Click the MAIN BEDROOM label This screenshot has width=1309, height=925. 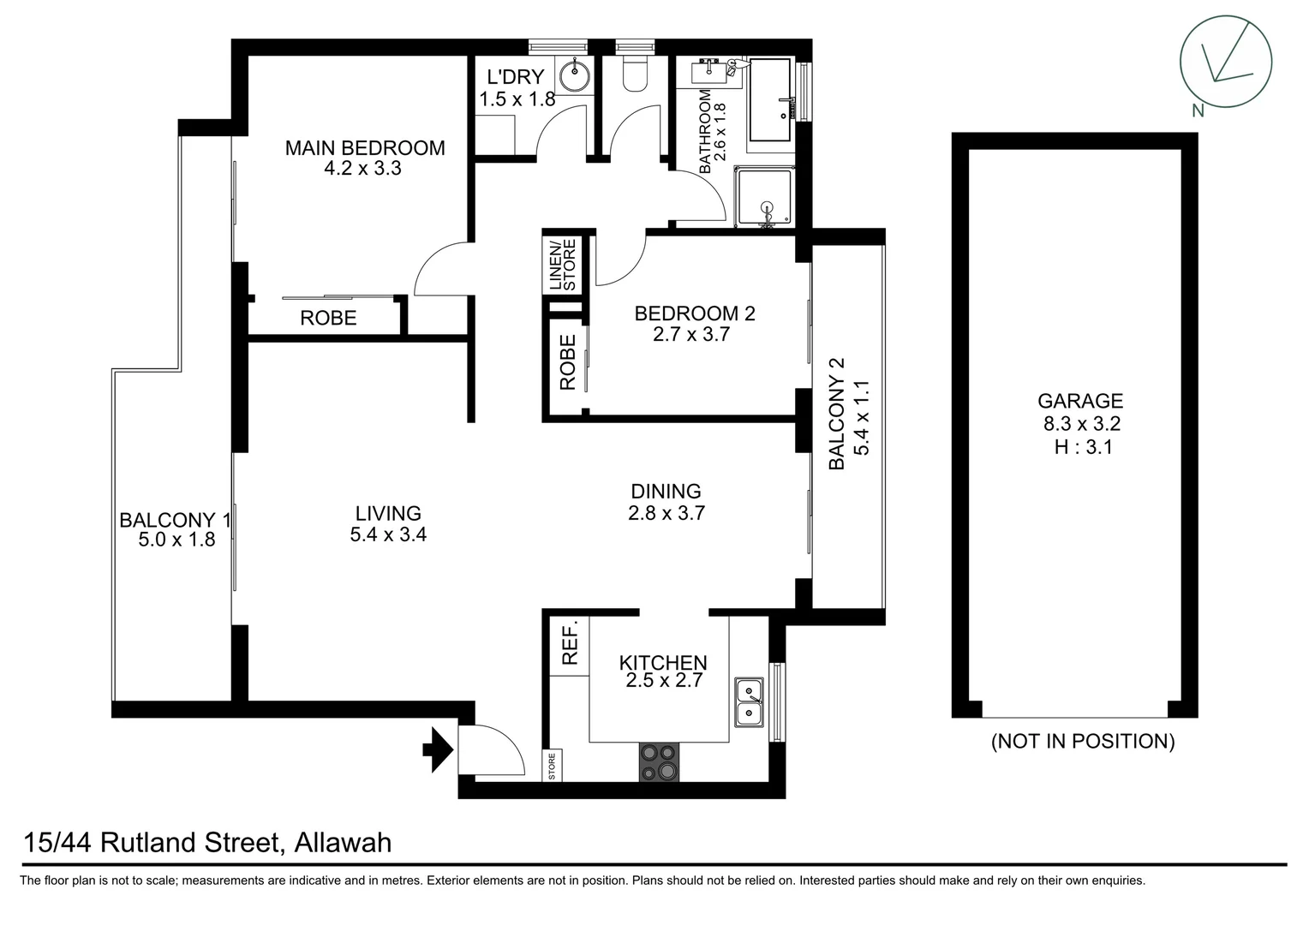[x=365, y=148]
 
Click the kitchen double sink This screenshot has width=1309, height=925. [x=750, y=701]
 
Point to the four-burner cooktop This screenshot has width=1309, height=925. [x=659, y=762]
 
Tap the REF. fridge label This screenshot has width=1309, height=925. [x=570, y=642]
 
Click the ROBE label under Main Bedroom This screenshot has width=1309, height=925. [x=328, y=319]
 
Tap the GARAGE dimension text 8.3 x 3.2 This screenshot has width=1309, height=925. [x=1081, y=423]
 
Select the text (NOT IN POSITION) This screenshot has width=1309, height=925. [x=1083, y=742]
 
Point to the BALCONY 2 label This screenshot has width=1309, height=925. [x=837, y=414]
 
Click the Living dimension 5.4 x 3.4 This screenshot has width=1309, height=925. [x=388, y=534]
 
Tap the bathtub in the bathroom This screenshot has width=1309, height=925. [x=772, y=100]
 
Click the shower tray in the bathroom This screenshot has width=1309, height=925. [x=766, y=198]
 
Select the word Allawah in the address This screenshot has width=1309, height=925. [x=343, y=843]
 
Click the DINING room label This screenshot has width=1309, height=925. [x=666, y=492]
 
